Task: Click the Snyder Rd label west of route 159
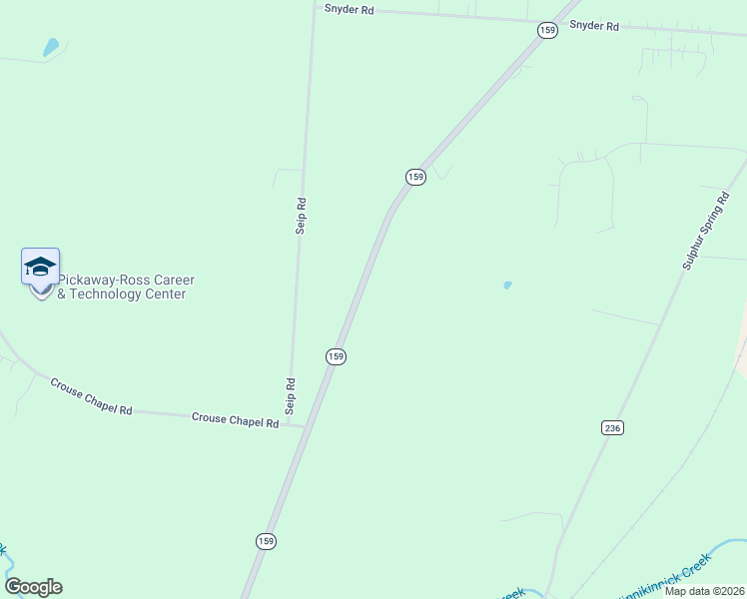349,8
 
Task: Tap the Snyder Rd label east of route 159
594,26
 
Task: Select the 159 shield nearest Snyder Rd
547,31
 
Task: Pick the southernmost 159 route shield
265,541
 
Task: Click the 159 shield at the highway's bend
415,177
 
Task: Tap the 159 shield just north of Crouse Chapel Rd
336,356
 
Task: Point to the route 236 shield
613,427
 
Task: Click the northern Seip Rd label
301,216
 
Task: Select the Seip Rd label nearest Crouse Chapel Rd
291,395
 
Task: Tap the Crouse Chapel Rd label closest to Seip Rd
235,421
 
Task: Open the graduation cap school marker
40,268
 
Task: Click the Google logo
33,587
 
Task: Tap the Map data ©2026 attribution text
704,591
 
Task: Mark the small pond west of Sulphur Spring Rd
507,286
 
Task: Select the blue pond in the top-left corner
51,46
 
